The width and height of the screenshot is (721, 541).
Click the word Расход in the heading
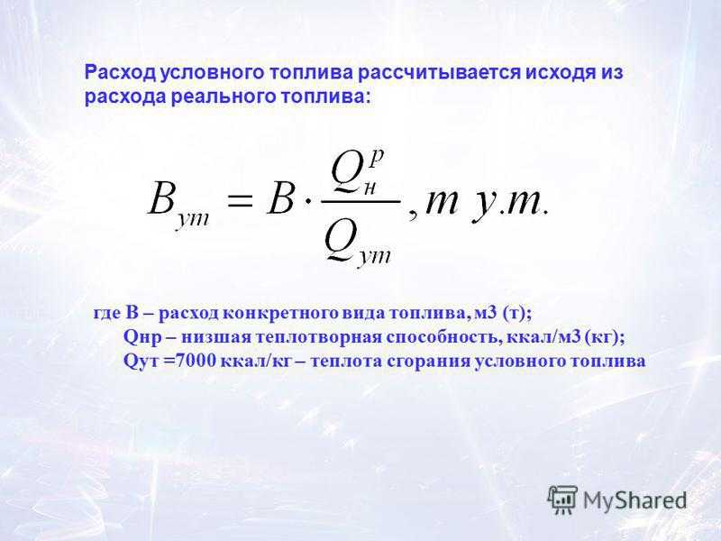[121, 73]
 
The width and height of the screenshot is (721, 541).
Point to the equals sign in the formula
[239, 202]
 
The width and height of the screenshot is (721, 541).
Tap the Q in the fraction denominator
[341, 243]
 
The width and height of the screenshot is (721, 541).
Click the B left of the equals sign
[161, 200]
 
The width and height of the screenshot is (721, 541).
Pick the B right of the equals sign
[280, 200]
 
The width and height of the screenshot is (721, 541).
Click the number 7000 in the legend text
[195, 361]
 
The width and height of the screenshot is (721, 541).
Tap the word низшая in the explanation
[215, 337]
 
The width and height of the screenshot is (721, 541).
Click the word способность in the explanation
[443, 337]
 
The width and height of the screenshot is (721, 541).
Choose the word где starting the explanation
[105, 314]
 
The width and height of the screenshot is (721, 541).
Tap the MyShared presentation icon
[562, 500]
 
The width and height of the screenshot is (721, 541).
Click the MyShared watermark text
[635, 500]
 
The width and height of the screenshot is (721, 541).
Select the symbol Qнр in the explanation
[142, 337]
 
